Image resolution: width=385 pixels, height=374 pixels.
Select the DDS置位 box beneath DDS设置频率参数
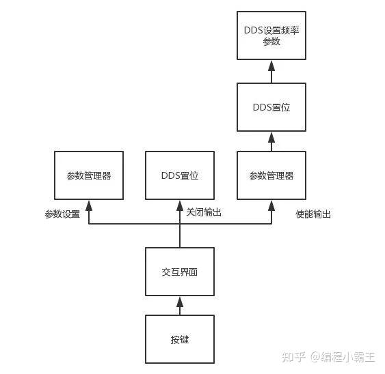(271, 107)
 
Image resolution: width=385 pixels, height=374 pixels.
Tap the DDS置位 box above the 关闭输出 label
(180, 175)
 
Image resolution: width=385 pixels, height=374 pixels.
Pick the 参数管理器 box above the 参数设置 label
(89, 175)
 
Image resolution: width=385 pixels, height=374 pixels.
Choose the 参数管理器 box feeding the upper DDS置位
(271, 175)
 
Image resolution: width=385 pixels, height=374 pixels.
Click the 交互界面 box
(180, 272)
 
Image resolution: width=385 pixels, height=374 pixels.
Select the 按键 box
(180, 339)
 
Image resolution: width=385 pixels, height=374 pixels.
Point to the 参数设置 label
(62, 214)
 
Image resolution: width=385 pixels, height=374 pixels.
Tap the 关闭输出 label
(204, 213)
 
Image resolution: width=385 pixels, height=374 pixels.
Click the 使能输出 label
(313, 214)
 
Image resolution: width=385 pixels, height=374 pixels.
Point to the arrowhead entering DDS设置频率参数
(271, 65)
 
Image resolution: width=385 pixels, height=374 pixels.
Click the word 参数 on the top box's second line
(271, 42)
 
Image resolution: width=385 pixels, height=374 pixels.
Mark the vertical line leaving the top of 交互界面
(180, 235)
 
